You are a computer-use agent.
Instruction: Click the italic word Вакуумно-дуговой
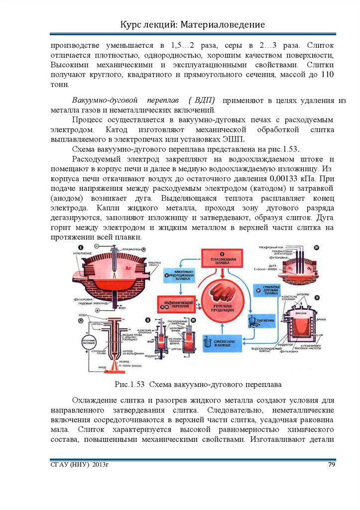click(x=100, y=100)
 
